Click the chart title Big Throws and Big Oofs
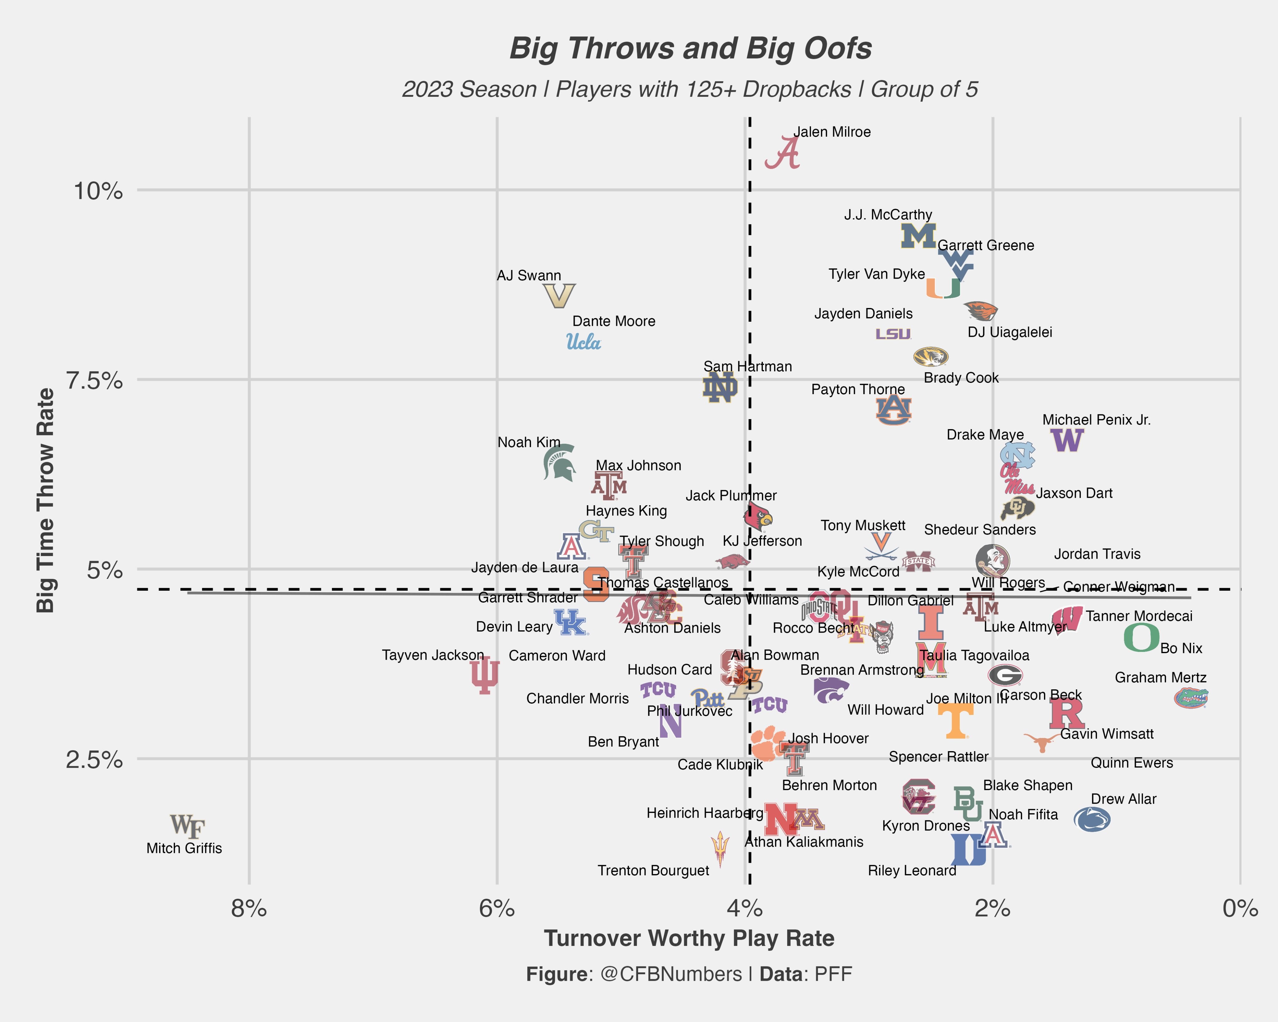click(690, 49)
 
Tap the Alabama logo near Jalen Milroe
click(783, 153)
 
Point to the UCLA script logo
click(584, 342)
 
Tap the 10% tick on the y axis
click(98, 192)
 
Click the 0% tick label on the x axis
click(1240, 908)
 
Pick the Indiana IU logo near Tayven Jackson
click(485, 675)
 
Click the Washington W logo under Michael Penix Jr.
click(1067, 440)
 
